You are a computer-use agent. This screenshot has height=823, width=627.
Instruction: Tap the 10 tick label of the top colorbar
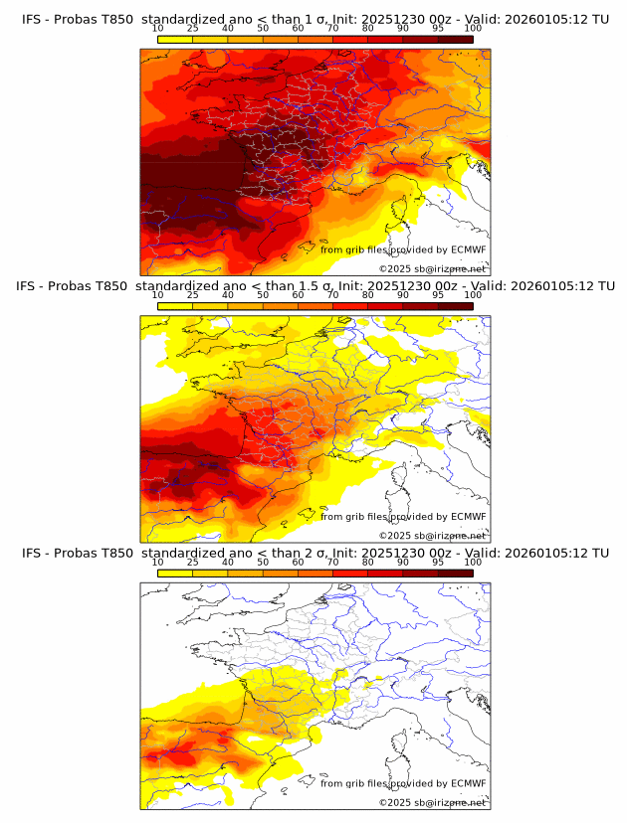[158, 28]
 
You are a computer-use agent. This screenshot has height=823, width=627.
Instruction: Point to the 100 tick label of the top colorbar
[473, 28]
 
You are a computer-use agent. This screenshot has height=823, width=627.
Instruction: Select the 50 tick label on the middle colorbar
[263, 295]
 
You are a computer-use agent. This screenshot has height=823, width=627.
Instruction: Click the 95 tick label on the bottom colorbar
[438, 563]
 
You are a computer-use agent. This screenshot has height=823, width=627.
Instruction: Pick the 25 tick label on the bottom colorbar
[193, 563]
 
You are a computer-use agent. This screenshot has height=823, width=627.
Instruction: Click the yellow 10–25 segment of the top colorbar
[175, 39]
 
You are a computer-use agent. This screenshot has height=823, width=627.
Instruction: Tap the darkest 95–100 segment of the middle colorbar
[455, 306]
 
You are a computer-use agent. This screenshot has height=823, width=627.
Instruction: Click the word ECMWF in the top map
[468, 249]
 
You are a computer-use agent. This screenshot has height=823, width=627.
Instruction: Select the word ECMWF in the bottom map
[468, 783]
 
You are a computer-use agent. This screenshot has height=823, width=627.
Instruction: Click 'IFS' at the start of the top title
[34, 18]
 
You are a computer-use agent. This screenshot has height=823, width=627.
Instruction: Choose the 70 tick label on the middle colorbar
[332, 295]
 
